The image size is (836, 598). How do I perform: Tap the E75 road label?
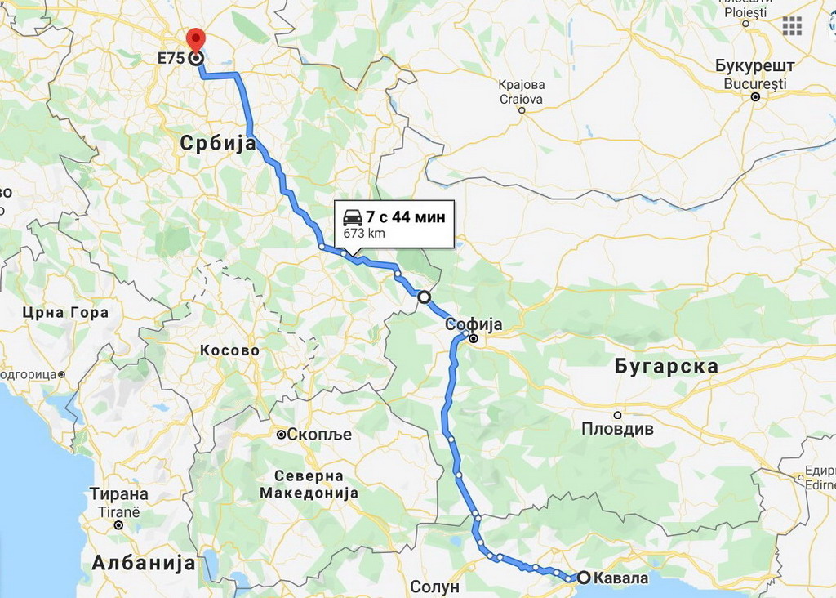[171, 59]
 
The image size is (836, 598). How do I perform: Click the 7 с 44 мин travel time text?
[405, 217]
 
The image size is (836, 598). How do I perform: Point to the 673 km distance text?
[364, 234]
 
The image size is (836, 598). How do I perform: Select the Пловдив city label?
[617, 429]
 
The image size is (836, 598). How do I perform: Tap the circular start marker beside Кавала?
[585, 578]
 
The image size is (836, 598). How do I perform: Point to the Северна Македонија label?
[309, 484]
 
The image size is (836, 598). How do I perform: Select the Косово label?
[229, 350]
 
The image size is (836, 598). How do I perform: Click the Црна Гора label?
[65, 313]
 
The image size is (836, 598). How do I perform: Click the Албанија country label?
[144, 563]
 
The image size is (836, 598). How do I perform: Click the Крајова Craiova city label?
[522, 91]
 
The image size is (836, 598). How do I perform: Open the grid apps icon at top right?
[792, 25]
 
